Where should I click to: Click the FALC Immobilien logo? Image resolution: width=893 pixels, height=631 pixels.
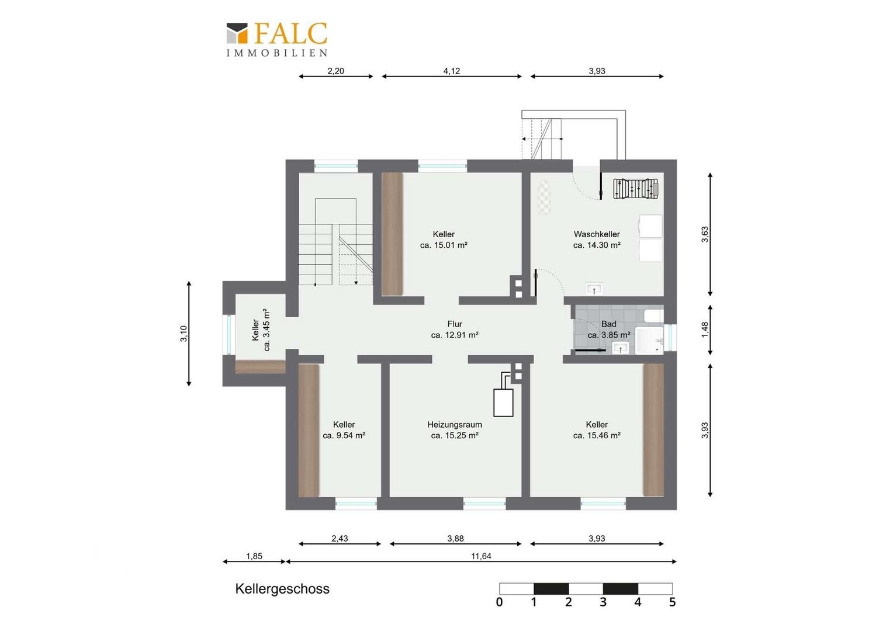(277, 40)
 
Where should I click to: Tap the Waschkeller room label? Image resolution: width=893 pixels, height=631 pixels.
(597, 234)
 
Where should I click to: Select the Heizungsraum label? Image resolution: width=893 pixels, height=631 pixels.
(455, 425)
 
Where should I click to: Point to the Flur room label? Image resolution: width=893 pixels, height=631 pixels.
(455, 324)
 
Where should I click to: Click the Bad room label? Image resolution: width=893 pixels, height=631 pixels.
(609, 324)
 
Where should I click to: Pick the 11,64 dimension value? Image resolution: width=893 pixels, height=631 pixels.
(481, 556)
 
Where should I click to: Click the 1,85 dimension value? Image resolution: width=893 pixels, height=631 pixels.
(254, 556)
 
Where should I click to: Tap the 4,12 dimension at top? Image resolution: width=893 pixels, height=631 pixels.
(452, 71)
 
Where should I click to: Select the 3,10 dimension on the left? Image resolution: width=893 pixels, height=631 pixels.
(184, 334)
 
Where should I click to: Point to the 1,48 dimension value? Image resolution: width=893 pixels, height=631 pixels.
(705, 330)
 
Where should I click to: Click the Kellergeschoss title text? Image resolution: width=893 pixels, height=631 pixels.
(282, 589)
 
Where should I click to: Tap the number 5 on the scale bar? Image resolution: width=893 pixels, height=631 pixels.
(672, 602)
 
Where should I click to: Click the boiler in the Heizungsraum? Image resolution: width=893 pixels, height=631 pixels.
(503, 403)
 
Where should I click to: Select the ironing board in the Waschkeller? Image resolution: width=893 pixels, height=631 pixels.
(544, 196)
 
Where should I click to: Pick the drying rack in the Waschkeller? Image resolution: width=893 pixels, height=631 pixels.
(636, 188)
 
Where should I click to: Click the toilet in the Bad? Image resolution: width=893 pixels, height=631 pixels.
(654, 316)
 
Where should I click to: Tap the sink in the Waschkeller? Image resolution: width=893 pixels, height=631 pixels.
(594, 289)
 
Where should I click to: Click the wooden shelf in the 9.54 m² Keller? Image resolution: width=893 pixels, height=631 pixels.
(309, 431)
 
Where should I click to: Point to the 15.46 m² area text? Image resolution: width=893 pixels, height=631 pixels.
(597, 436)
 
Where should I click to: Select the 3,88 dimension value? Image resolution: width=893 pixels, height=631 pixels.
(455, 539)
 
